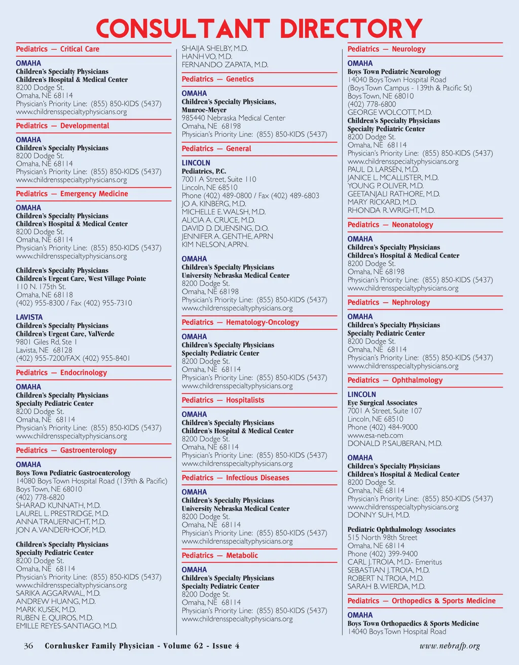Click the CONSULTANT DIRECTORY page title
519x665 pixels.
[x=259, y=29]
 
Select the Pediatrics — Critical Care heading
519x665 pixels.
[x=57, y=49]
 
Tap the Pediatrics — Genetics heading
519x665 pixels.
[x=217, y=79]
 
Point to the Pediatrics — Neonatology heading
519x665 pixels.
[x=390, y=225]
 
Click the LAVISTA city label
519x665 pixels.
[x=29, y=317]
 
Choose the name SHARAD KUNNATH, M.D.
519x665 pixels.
[x=58, y=505]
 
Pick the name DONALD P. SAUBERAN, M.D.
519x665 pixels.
[x=394, y=443]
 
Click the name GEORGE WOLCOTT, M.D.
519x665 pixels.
[x=389, y=112]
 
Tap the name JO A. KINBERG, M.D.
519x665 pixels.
[x=213, y=203]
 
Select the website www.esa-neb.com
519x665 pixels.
[x=375, y=435]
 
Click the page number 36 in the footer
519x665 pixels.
[x=28, y=646]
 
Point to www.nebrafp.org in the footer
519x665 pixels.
[x=450, y=646]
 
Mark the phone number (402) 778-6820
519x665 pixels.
[x=40, y=497]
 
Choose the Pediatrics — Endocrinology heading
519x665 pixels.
[x=61, y=372]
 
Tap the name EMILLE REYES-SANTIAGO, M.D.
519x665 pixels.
[x=66, y=626]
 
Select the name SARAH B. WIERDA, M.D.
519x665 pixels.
[x=386, y=586]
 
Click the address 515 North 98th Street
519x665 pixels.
[x=382, y=537]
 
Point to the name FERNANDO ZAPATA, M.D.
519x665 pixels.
[x=225, y=65]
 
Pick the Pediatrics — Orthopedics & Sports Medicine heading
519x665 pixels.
[x=421, y=601]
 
